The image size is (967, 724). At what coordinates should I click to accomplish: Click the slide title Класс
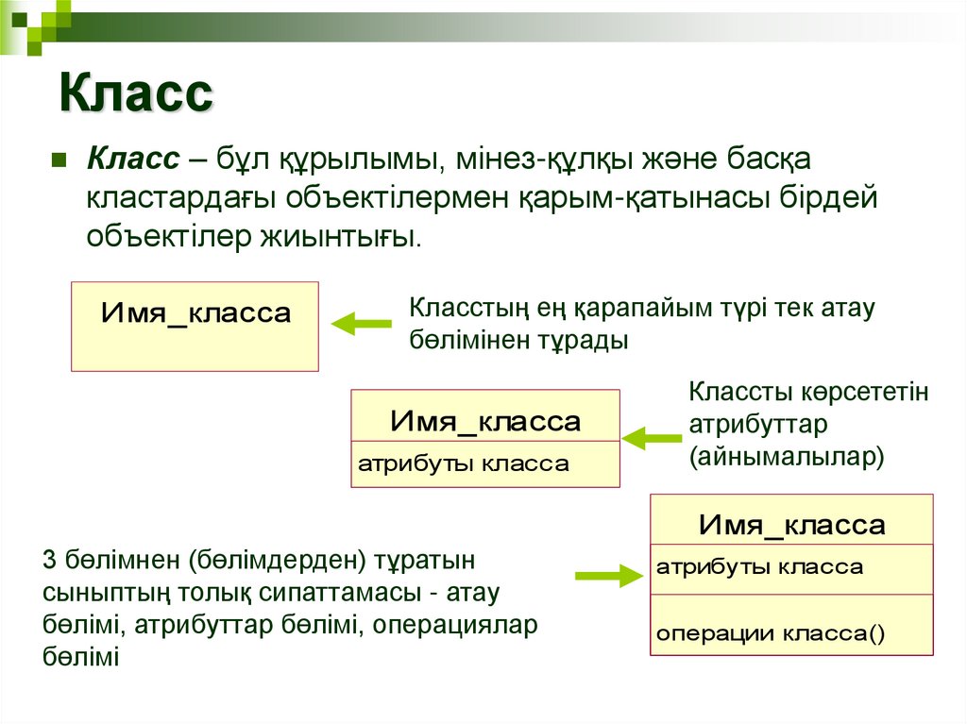click(x=137, y=94)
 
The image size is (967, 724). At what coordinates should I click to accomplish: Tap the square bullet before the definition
click(x=58, y=160)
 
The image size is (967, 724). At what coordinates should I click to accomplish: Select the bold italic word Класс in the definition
click(x=133, y=160)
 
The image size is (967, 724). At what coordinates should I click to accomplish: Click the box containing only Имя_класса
click(x=195, y=326)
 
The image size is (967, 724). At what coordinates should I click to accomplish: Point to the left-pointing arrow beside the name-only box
click(x=361, y=324)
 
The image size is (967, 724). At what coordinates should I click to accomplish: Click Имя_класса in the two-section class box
click(x=485, y=421)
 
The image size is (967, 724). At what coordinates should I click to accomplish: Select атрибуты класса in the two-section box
click(x=463, y=463)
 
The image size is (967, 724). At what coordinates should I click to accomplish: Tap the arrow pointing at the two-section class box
click(x=652, y=438)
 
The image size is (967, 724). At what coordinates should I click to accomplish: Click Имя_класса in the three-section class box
click(x=791, y=525)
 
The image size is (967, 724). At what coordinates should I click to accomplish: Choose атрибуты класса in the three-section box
click(x=759, y=567)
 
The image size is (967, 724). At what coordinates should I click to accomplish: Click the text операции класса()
click(x=771, y=633)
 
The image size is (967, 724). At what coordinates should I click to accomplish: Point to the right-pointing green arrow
click(x=608, y=574)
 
